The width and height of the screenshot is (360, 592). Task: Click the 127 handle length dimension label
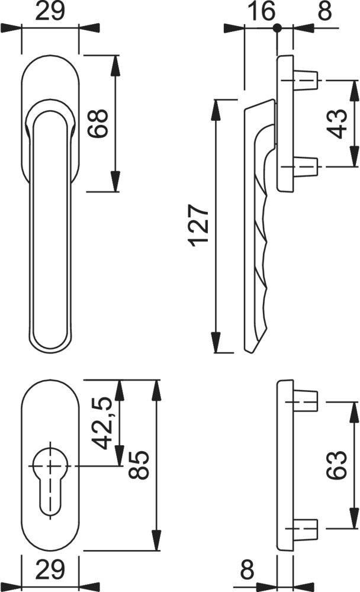198,226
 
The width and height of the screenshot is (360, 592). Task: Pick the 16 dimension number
258,11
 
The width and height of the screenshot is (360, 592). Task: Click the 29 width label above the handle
50,11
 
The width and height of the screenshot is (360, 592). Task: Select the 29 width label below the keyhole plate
50,571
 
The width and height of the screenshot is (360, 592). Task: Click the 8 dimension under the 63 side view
247,571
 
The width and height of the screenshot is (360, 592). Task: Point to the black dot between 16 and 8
277,27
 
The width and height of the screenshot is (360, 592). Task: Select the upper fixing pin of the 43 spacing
306,79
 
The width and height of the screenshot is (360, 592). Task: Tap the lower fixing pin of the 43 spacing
306,168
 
